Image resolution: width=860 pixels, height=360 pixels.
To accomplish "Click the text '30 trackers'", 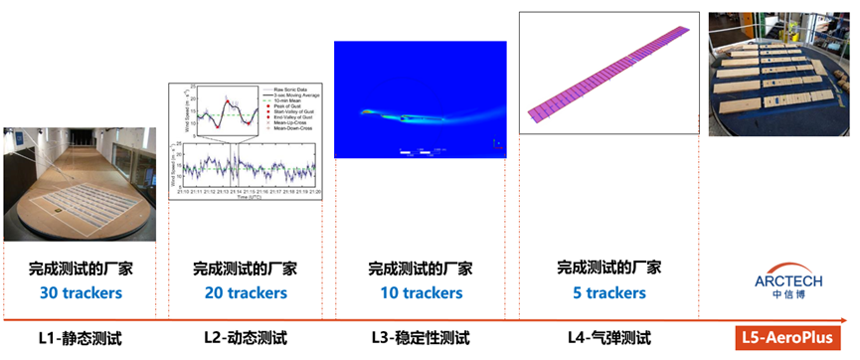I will [x=80, y=293].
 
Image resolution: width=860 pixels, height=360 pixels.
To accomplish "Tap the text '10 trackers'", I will [x=421, y=293].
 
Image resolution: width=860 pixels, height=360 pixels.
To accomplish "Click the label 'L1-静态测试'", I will [x=80, y=338].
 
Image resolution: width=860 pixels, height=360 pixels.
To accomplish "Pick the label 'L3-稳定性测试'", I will [x=421, y=338].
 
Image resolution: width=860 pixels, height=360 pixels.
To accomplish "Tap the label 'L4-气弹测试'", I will [x=602, y=338].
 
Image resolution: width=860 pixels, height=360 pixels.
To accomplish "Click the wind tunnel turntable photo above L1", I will [x=80, y=185].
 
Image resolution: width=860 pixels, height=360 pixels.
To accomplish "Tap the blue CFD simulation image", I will [x=421, y=99].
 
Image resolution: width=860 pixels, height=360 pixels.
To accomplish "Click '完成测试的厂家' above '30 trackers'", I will [x=80, y=270].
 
